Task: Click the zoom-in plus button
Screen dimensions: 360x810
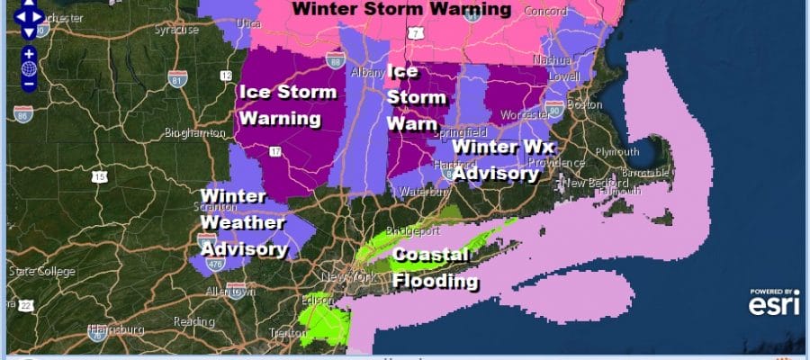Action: click(29, 54)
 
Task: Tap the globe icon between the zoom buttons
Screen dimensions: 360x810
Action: click(29, 68)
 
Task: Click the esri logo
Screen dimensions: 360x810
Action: click(775, 303)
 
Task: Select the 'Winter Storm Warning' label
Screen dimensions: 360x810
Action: click(400, 10)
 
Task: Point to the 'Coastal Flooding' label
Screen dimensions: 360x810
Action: click(435, 268)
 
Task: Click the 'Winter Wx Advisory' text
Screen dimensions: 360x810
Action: click(503, 159)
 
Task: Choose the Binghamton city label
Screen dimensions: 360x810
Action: click(194, 133)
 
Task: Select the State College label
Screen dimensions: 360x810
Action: click(33, 270)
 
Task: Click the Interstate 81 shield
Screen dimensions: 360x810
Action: click(177, 79)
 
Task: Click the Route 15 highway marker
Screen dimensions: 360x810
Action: click(98, 176)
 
